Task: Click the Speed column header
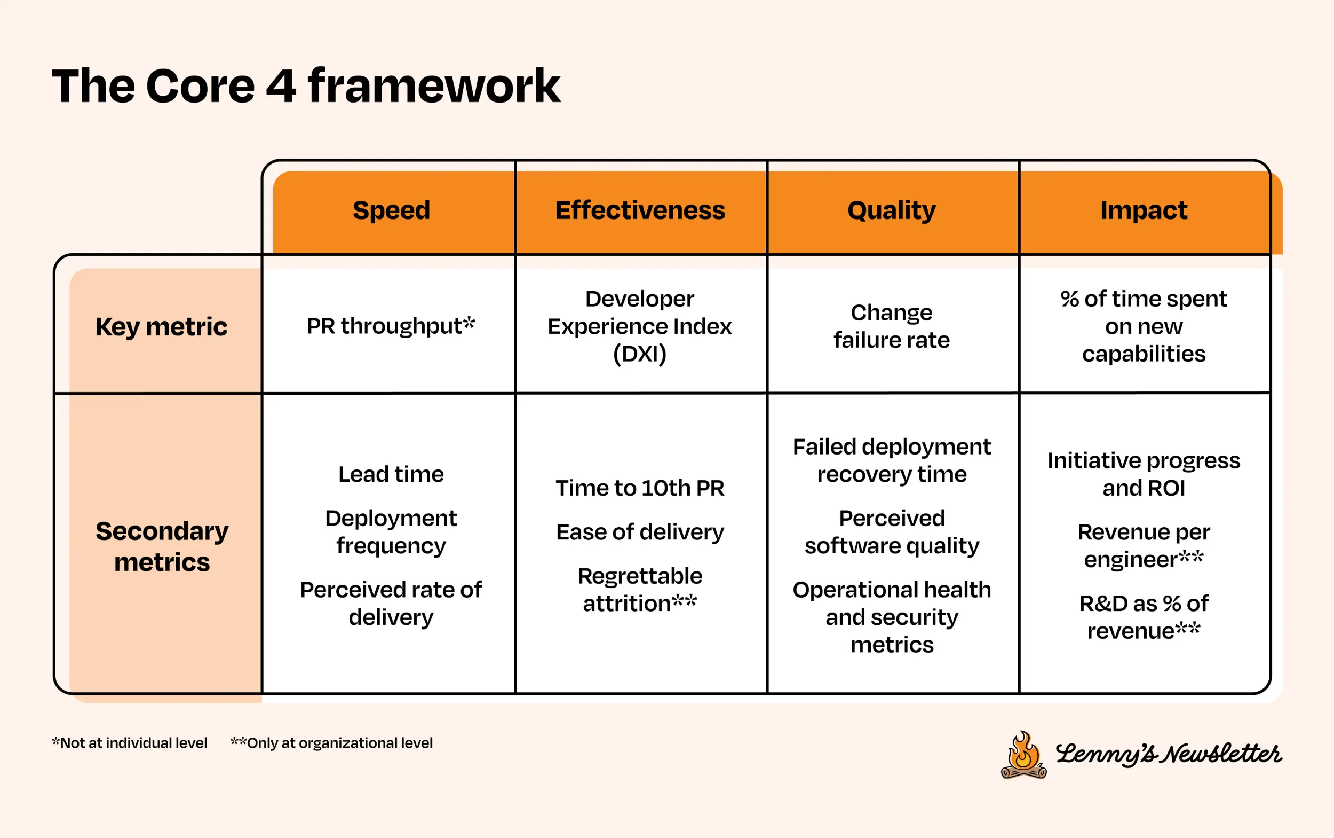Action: click(391, 210)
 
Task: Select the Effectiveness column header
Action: click(640, 210)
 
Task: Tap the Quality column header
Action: click(891, 210)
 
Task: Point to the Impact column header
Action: click(1144, 210)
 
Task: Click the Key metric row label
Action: click(161, 326)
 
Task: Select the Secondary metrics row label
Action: click(161, 546)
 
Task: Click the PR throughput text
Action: click(391, 326)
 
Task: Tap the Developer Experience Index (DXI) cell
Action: click(640, 326)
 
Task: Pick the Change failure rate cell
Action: click(891, 326)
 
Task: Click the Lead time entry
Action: click(391, 474)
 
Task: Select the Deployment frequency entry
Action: click(391, 532)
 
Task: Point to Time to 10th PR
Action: click(640, 488)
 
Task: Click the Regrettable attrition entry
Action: click(640, 590)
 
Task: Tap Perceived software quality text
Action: click(892, 532)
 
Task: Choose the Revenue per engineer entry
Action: click(1144, 546)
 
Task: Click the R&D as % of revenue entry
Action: click(1144, 617)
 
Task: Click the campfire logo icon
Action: click(1023, 755)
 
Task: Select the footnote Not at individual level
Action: click(130, 743)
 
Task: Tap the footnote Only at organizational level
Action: click(332, 743)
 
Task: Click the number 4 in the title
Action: click(281, 87)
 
